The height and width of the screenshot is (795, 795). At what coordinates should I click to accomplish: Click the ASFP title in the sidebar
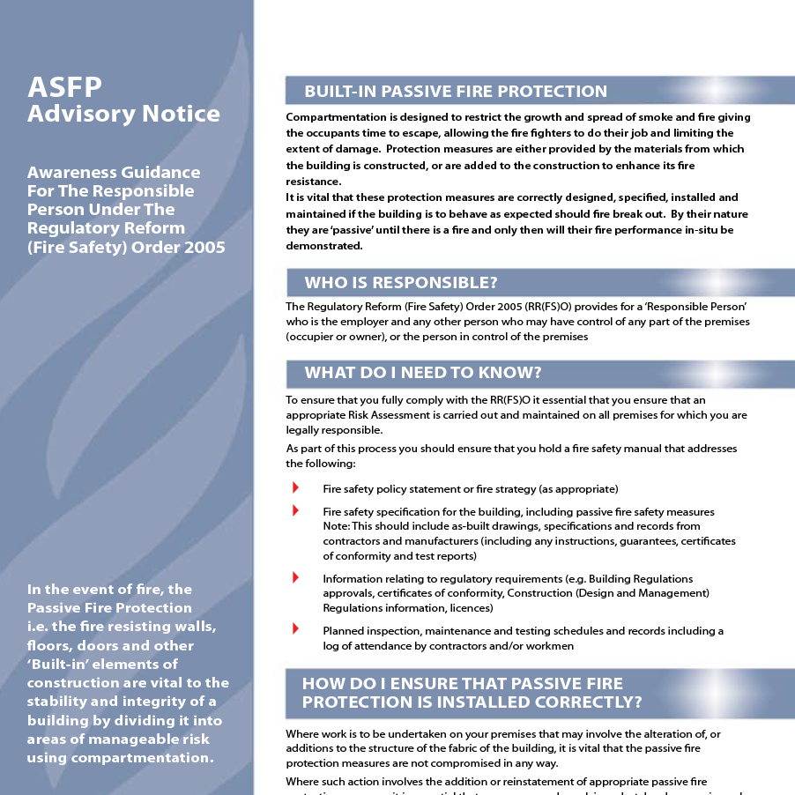(64, 86)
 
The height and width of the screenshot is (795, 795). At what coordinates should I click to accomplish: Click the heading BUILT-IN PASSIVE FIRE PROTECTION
(455, 92)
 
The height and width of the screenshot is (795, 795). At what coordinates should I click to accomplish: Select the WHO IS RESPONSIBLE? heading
(401, 283)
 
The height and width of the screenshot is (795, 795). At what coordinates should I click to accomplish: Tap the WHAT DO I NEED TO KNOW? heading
(422, 372)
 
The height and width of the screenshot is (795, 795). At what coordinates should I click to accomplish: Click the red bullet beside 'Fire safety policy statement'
(295, 488)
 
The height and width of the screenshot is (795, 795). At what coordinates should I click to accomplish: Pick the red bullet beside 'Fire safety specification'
(295, 511)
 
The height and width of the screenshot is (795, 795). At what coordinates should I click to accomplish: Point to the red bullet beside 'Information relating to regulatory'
(295, 578)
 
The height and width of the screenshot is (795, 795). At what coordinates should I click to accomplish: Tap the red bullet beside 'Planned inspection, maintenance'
(295, 630)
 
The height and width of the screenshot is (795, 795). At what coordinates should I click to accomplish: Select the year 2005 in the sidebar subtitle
(204, 247)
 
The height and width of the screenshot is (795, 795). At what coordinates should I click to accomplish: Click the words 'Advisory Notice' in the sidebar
(123, 114)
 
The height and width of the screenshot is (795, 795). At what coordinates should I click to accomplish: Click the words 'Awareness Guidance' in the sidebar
(114, 173)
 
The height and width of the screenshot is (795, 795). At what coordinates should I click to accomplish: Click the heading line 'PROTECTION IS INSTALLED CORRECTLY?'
(472, 702)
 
